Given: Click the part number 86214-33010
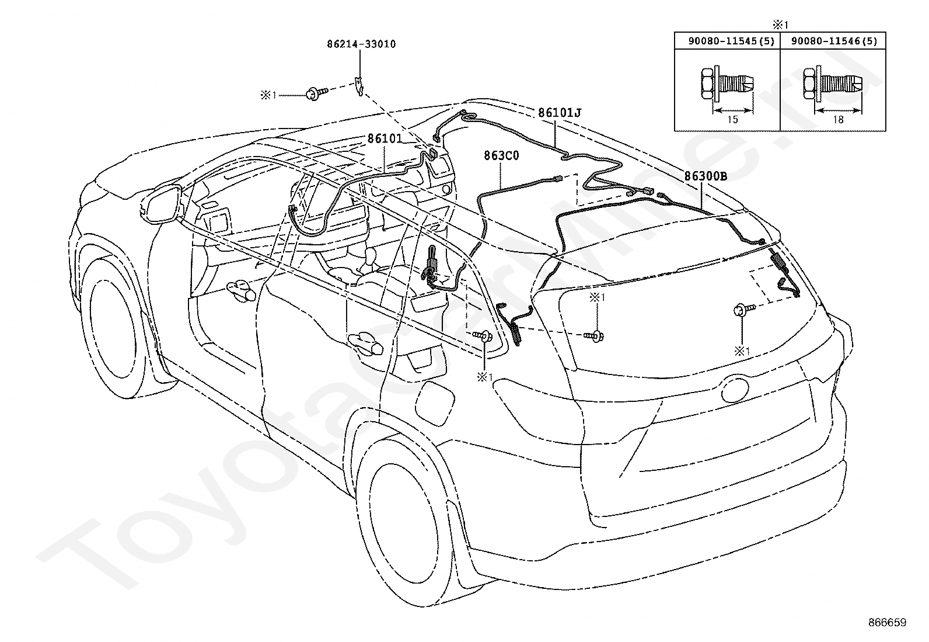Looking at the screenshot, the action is pyautogui.click(x=361, y=44).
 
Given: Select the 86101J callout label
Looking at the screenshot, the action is pyautogui.click(x=560, y=113).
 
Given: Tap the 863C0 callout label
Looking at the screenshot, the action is pyautogui.click(x=501, y=156).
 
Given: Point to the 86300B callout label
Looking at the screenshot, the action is pyautogui.click(x=706, y=176).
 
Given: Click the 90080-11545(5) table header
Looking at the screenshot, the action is pyautogui.click(x=732, y=41).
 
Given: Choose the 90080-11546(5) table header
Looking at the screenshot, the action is pyautogui.click(x=834, y=41).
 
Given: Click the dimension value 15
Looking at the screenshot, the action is pyautogui.click(x=733, y=120).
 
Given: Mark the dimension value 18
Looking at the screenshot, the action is pyautogui.click(x=838, y=120).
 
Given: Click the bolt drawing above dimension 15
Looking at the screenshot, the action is pyautogui.click(x=727, y=87).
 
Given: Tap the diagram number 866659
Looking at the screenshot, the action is pyautogui.click(x=888, y=623).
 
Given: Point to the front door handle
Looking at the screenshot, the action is pyautogui.click(x=241, y=290).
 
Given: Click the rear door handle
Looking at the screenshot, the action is pyautogui.click(x=365, y=344).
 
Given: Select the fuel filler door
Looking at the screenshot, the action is pyautogui.click(x=435, y=403).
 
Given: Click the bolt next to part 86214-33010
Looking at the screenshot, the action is pyautogui.click(x=317, y=93).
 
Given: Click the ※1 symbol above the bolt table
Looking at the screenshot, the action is pyautogui.click(x=780, y=25).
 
